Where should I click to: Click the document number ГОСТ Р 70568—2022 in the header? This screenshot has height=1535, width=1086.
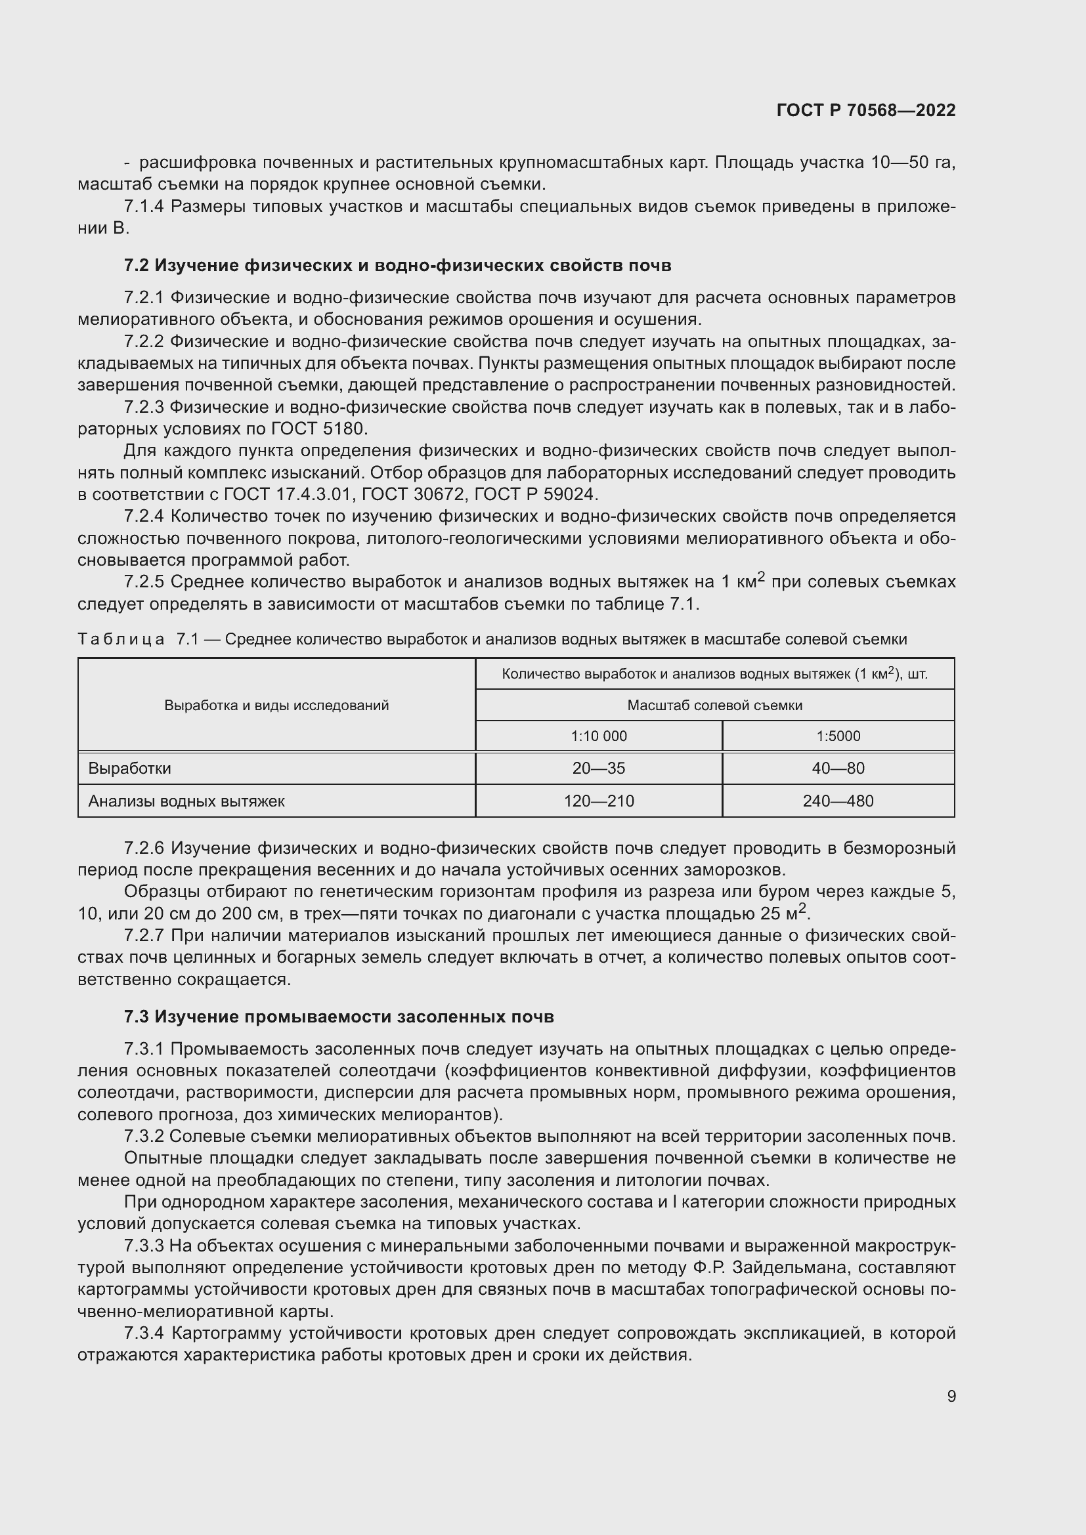tap(866, 110)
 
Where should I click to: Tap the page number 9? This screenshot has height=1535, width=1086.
tap(951, 1397)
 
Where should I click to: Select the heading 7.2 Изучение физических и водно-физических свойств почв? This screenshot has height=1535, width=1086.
tap(397, 265)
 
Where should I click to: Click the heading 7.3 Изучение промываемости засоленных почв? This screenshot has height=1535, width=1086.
tap(339, 1017)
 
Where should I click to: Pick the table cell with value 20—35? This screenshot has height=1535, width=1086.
tap(599, 768)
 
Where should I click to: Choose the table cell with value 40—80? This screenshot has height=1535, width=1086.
tap(838, 768)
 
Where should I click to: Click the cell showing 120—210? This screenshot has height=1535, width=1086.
tap(599, 801)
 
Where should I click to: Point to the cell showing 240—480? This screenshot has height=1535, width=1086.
tap(838, 801)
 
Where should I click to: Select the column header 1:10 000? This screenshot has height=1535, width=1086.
tap(599, 736)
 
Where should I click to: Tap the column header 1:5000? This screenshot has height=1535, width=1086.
tap(838, 736)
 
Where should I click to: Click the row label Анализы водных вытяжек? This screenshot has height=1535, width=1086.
tap(186, 801)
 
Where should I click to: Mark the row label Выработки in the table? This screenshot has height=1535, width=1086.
tap(130, 768)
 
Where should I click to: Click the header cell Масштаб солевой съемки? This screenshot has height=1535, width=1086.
tap(714, 705)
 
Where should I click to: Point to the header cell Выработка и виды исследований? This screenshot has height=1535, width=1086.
tap(276, 705)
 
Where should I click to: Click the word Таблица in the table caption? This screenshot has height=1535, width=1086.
tap(121, 639)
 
